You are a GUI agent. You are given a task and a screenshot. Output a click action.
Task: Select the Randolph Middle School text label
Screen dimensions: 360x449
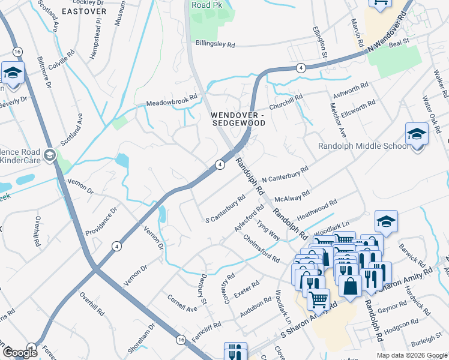coord(364,146)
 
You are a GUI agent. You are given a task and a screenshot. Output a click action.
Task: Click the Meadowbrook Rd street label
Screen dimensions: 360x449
coord(172,100)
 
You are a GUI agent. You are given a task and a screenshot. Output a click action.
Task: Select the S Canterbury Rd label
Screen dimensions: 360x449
coord(225,208)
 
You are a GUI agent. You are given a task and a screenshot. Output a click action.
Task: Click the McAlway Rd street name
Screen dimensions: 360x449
coord(291,196)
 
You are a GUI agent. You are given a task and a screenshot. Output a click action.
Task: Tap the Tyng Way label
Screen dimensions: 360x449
coord(268,230)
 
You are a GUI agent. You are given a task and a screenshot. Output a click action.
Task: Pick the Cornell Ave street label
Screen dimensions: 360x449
coord(182,304)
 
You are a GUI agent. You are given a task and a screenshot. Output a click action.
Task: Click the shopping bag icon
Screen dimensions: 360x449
coord(351,286)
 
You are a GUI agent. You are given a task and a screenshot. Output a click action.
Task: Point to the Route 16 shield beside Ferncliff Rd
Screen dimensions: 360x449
coord(181,340)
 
